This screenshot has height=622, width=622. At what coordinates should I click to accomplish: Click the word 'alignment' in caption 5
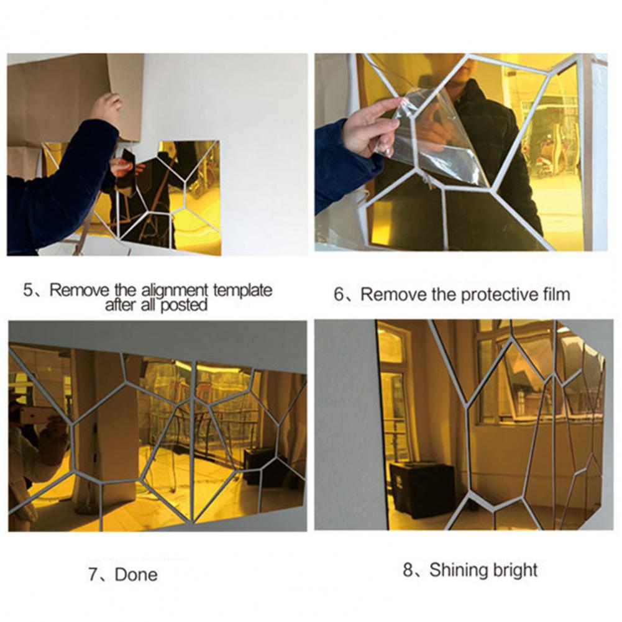coord(175,291)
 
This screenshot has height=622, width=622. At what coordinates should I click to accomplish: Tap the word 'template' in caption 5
coord(243,290)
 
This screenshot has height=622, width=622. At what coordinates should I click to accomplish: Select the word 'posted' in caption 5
coord(184,305)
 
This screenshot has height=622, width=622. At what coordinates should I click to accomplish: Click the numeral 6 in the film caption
coord(339,295)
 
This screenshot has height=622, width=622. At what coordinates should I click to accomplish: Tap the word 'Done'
coord(136,574)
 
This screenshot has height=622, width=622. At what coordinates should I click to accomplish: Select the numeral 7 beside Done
coord(93,574)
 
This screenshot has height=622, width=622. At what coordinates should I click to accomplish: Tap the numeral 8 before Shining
coord(408,570)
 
